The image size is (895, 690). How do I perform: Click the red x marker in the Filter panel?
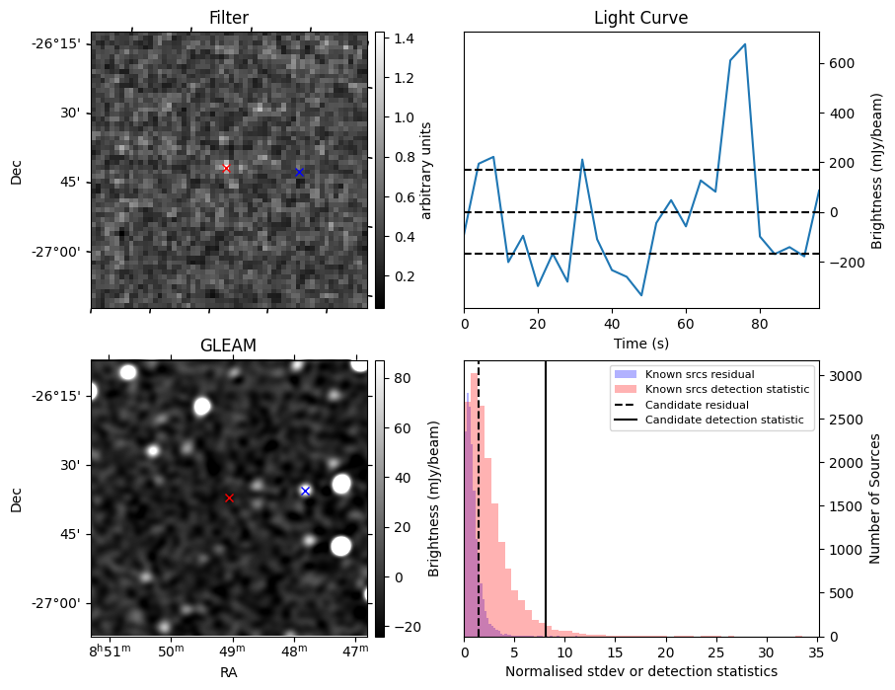226,169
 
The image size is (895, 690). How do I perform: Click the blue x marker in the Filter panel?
299,172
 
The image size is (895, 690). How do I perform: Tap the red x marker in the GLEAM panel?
229,498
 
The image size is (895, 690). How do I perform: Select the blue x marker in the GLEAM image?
305,491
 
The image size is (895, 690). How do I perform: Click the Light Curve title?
640,18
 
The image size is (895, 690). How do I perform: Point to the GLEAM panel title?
228,345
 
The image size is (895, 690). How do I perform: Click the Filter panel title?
228,18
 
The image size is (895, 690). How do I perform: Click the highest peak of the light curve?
744,44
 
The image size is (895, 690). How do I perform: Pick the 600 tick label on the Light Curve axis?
840,63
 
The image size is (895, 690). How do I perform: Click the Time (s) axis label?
640,342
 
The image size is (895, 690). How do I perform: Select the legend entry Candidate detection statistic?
723,422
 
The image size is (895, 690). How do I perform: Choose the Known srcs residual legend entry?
699,374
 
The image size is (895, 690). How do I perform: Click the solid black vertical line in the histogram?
546,494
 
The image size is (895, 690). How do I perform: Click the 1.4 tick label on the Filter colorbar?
403,38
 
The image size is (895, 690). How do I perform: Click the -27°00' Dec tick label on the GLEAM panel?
57,603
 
